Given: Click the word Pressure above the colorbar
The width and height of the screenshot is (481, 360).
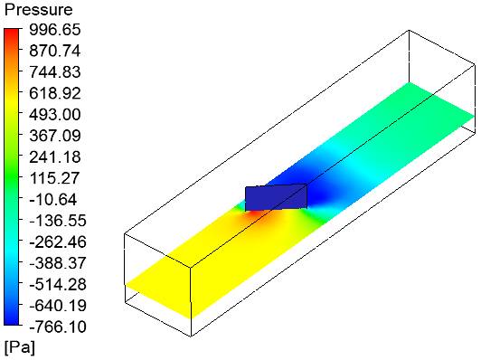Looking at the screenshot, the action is pyautogui.click(x=38, y=10).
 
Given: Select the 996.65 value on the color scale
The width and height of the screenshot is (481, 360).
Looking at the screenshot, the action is pyautogui.click(x=55, y=30).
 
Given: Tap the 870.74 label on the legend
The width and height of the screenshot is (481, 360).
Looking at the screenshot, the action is pyautogui.click(x=55, y=51).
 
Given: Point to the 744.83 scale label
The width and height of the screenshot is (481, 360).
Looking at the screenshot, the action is pyautogui.click(x=55, y=72).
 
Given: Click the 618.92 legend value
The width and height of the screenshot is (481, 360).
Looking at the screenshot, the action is pyautogui.click(x=55, y=93).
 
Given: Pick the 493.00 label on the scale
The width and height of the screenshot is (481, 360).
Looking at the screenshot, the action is pyautogui.click(x=55, y=115).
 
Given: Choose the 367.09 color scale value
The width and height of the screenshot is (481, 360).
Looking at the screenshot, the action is pyautogui.click(x=55, y=136).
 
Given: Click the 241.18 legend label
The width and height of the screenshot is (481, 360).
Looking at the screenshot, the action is pyautogui.click(x=55, y=156).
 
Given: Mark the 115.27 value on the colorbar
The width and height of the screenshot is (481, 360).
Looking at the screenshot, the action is pyautogui.click(x=54, y=178).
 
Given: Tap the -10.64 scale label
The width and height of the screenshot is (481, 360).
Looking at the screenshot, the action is pyautogui.click(x=53, y=200).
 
